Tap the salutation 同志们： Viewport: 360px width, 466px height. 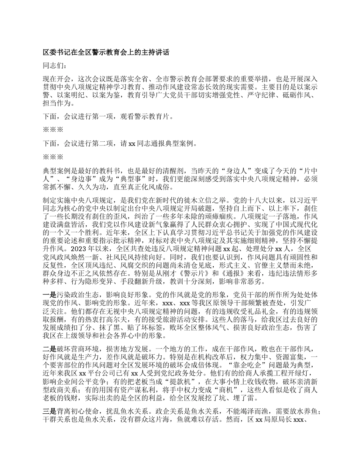[x=55, y=66]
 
